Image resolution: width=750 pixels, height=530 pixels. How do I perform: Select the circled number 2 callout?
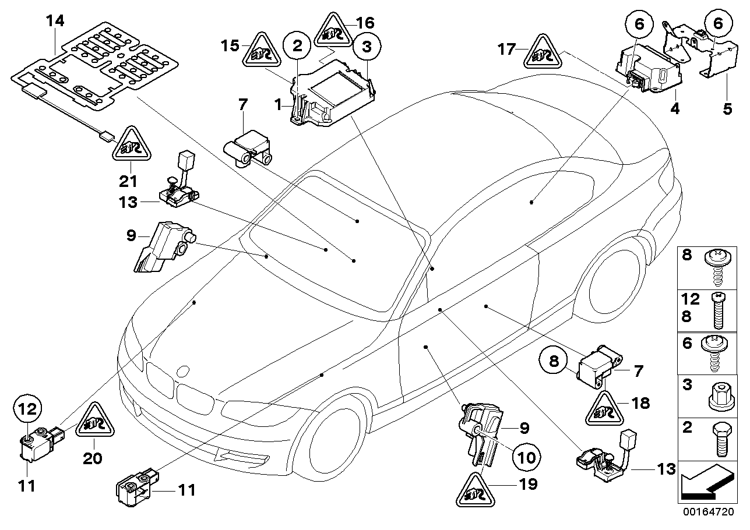point(297,45)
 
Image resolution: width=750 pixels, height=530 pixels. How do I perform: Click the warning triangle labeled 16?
point(334,33)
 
